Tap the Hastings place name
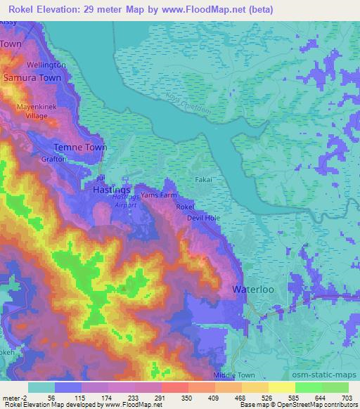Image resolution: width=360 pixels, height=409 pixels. click(111, 190)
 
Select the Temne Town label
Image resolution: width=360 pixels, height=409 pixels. click(81, 148)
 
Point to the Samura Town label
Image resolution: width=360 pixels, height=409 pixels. click(33, 77)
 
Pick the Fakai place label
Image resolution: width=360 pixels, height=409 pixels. click(203, 180)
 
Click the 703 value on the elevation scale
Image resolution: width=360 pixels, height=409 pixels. click(347, 397)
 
